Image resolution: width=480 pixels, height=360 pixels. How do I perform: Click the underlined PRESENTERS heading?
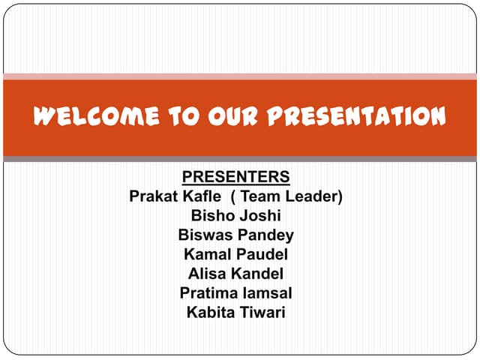236,177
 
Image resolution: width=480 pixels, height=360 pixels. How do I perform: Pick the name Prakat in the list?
154,196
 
